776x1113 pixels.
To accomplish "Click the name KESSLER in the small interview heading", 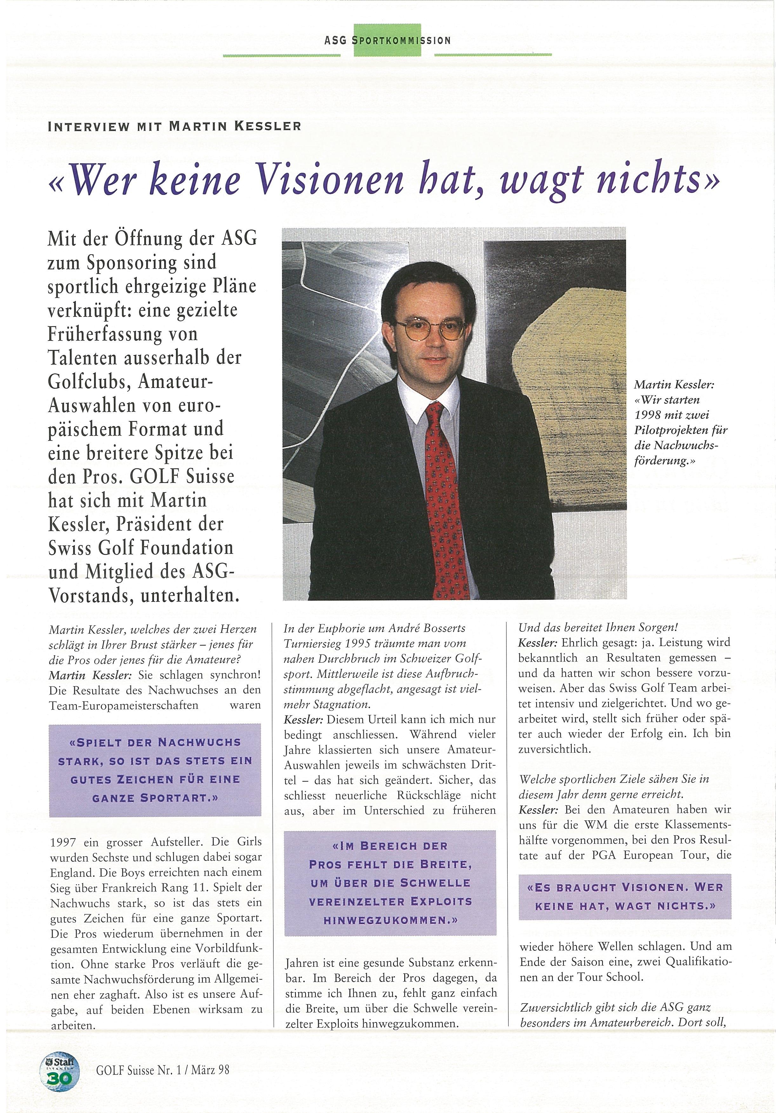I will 268,127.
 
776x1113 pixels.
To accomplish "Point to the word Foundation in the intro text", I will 187,548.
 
